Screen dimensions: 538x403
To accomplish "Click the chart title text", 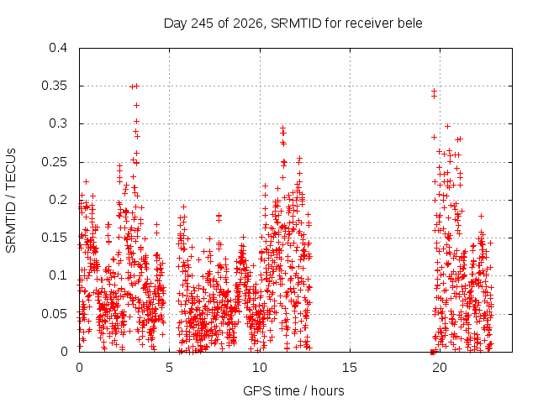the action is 293,24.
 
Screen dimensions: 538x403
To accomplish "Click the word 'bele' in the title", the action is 410,24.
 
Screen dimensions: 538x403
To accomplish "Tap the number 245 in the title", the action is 202,24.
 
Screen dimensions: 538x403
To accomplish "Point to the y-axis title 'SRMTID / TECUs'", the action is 11,201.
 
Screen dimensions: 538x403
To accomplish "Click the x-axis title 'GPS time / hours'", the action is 293,390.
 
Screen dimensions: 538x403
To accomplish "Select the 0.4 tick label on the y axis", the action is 58,48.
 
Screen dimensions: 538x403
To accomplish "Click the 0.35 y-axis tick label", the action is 54,86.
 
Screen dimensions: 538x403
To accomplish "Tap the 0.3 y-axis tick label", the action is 58,123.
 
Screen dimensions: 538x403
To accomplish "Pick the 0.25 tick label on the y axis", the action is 54,162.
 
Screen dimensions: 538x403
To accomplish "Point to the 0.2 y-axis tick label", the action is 58,200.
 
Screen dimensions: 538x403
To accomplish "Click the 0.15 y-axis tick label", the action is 54,238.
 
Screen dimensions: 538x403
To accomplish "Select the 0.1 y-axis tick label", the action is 58,275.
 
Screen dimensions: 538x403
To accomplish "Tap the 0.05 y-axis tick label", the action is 54,313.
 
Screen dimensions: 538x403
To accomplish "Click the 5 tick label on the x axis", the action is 169,368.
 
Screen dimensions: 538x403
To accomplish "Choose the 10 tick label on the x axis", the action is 260,368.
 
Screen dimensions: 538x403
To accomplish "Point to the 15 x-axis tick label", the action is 350,368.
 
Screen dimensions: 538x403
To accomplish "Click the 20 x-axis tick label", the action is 440,368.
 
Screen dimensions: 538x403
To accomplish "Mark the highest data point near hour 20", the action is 434,91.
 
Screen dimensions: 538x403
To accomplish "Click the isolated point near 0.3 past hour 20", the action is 447,127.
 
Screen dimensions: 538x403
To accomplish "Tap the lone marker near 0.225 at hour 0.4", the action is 86,181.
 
